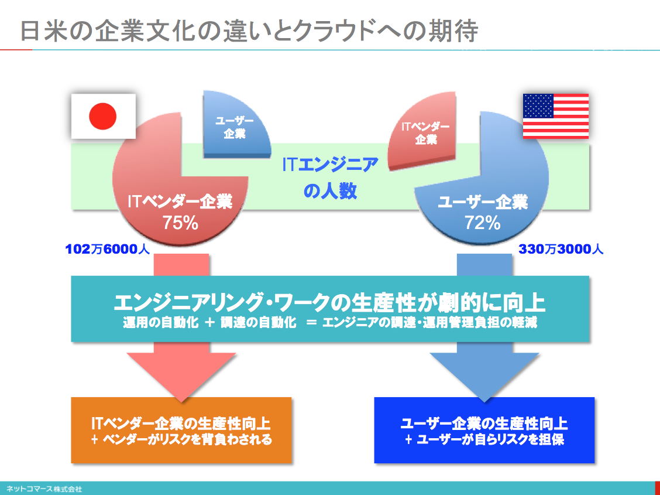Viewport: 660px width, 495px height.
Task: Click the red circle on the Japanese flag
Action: tap(103, 116)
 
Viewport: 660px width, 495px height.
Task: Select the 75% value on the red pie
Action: tap(181, 223)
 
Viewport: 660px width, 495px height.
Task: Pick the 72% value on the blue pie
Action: tap(482, 223)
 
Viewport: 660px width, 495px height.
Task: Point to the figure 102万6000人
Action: tap(108, 250)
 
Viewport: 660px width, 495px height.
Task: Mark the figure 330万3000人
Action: tap(561, 250)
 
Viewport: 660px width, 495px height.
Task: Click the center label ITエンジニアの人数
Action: tap(330, 177)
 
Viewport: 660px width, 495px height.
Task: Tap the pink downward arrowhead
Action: tap(181, 375)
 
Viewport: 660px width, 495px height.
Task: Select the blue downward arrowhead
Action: tap(484, 375)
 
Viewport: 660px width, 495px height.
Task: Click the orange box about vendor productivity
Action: tap(181, 430)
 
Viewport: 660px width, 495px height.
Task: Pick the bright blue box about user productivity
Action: tap(484, 430)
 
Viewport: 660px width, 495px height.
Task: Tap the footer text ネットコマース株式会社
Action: tap(41, 489)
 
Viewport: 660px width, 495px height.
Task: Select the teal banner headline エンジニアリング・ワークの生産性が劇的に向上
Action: tap(330, 302)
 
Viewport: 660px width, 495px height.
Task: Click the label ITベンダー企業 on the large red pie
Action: tap(180, 202)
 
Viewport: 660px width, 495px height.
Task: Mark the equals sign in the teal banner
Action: tap(311, 323)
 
